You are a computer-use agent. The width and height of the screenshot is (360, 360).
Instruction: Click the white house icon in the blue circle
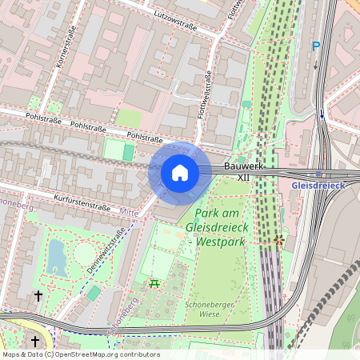(x=179, y=173)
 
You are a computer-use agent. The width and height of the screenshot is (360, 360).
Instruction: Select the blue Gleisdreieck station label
(x=318, y=185)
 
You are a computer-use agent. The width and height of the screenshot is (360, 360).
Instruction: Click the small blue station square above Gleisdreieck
(x=318, y=174)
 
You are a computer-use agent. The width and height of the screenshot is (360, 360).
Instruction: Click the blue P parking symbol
(x=316, y=46)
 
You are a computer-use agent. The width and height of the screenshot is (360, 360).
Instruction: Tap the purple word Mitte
(x=128, y=213)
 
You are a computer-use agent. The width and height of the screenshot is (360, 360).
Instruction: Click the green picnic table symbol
(x=154, y=284)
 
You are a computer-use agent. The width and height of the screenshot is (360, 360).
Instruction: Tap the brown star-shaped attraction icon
(x=278, y=239)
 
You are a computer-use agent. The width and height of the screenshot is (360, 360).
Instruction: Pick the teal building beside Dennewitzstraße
(x=94, y=293)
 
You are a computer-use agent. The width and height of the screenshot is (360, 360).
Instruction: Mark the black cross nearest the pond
(x=38, y=296)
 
